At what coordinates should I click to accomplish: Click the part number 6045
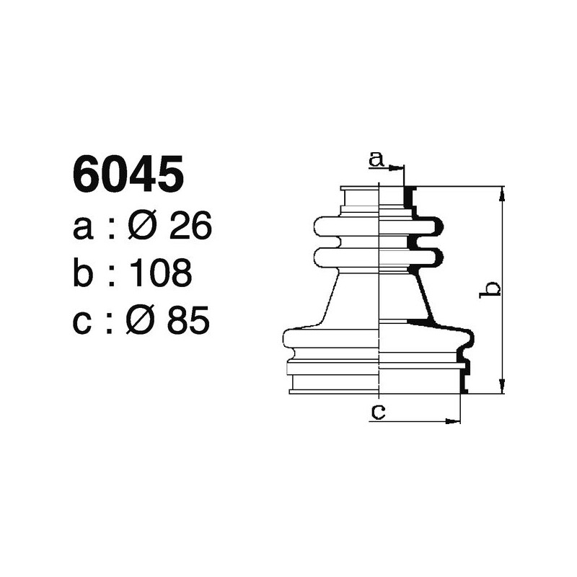128,176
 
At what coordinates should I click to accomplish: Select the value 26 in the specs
190,228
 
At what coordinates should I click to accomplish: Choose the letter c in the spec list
84,321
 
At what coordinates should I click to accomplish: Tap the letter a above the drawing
375,159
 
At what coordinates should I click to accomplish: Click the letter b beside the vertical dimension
491,289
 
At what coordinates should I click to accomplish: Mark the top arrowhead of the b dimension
502,191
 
